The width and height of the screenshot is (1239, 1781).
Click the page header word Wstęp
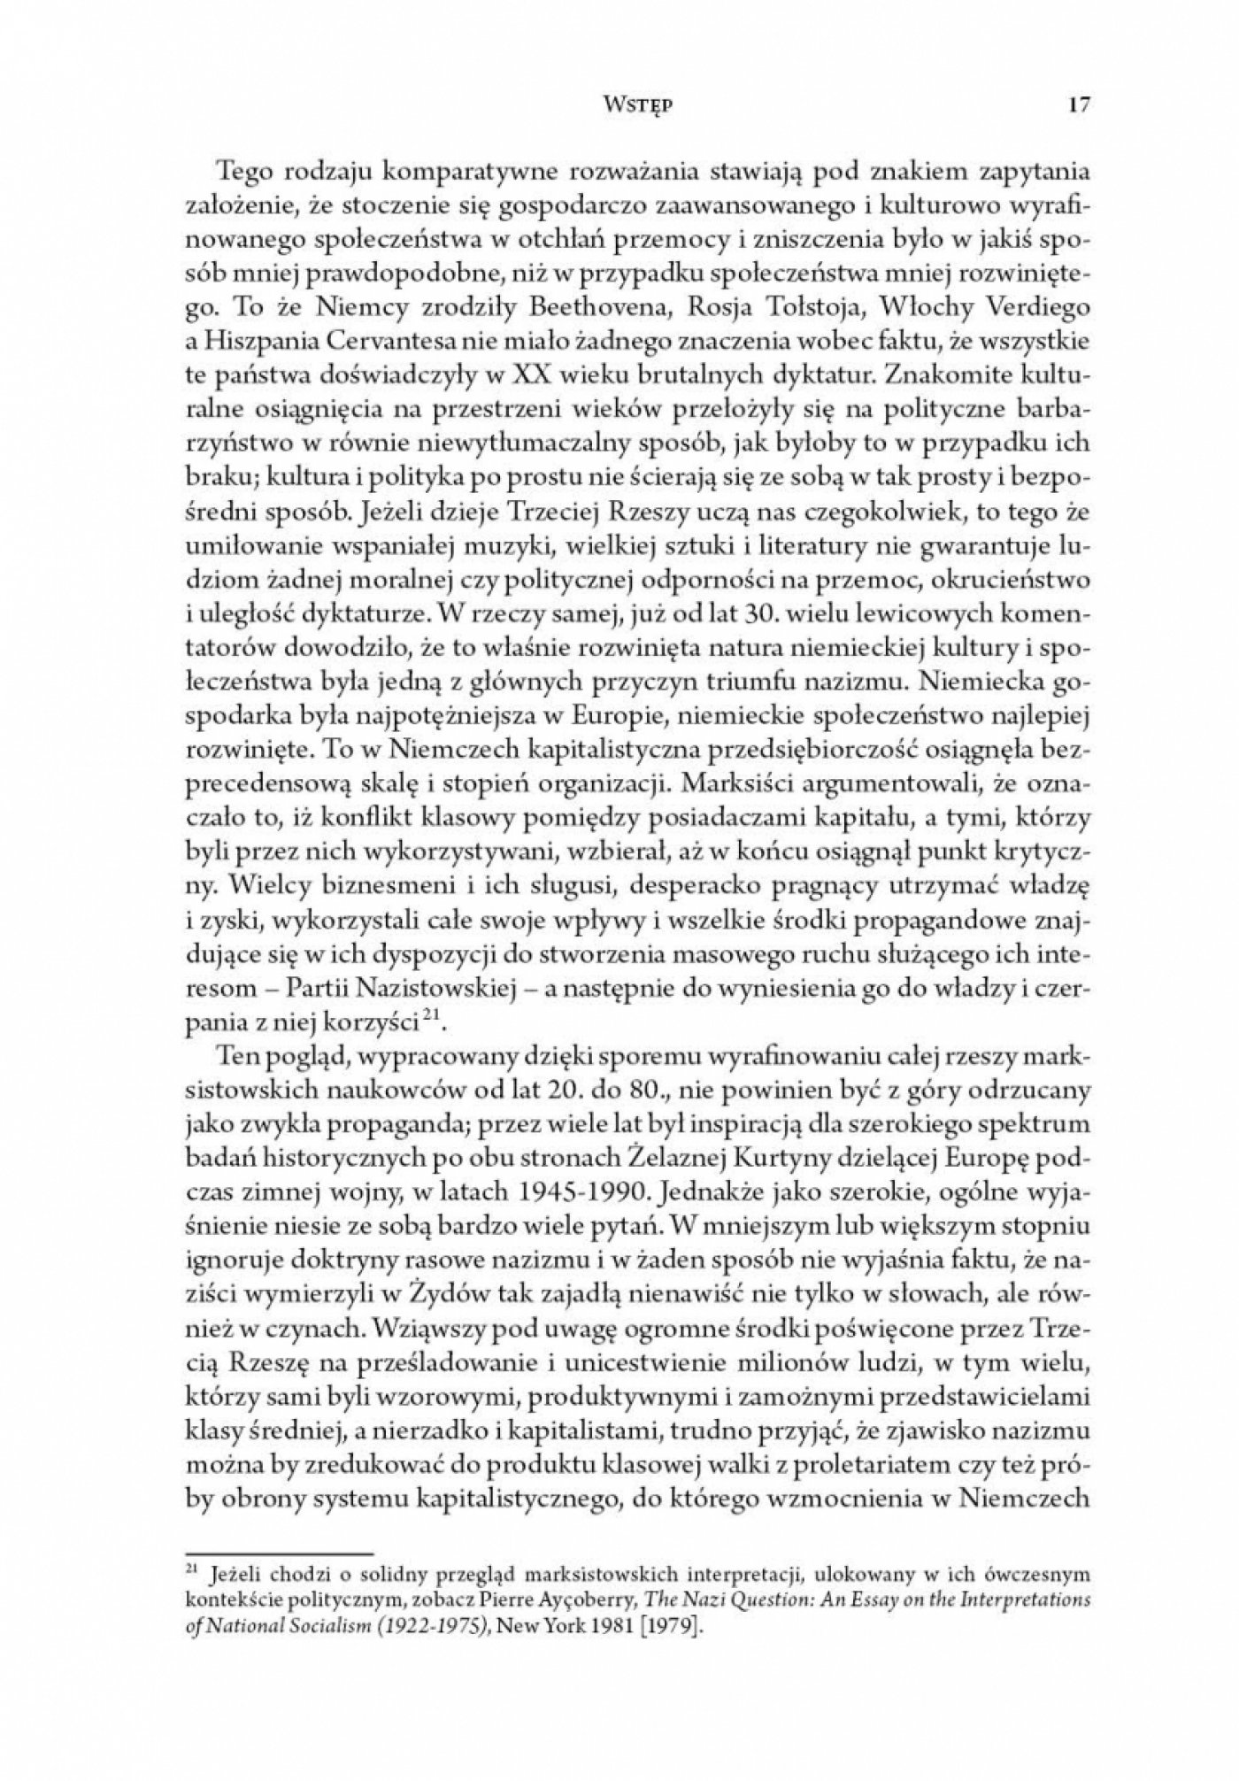pos(618,104)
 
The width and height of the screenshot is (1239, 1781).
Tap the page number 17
pos(1077,104)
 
